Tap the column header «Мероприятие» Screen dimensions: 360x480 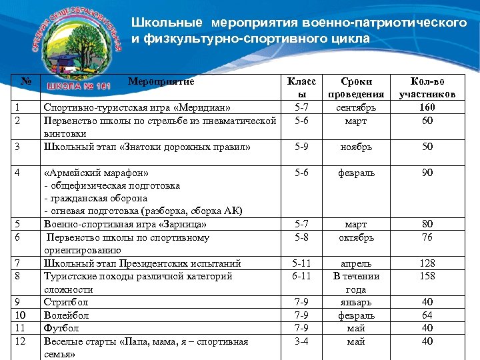(x=161, y=82)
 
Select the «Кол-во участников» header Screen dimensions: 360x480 (x=427, y=88)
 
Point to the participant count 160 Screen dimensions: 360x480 (x=427, y=107)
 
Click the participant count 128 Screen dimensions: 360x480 (x=427, y=263)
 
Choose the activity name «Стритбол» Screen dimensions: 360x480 (x=65, y=302)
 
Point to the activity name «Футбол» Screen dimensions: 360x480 (x=61, y=328)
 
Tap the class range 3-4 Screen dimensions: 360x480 (x=301, y=341)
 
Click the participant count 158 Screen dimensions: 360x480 (x=427, y=276)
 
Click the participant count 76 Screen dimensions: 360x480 (x=427, y=237)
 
